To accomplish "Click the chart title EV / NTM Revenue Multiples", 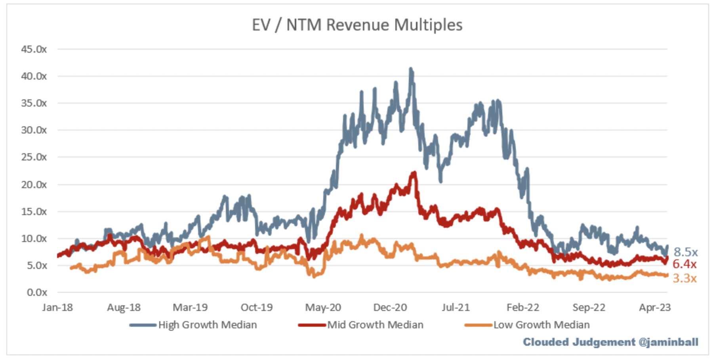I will [x=357, y=25].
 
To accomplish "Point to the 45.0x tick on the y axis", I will [x=34, y=50].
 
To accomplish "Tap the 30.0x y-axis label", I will [x=34, y=130].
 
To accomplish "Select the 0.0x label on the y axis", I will [x=37, y=293].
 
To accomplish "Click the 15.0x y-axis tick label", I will [x=34, y=211].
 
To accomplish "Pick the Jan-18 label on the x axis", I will [x=57, y=308].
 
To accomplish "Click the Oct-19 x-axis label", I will [x=257, y=308].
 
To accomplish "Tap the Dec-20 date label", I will [x=390, y=308].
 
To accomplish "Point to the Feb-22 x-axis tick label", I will [x=523, y=308].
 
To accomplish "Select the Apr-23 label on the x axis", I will [x=655, y=308].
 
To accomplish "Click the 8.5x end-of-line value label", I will [x=686, y=252].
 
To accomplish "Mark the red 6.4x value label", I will [x=684, y=264].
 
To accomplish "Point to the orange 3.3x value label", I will [x=684, y=278].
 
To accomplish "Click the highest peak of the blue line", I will [x=411, y=69].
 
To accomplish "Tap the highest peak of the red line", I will [x=414, y=173].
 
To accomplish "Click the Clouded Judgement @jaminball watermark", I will [x=610, y=342].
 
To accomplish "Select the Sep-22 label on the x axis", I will [x=589, y=308].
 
